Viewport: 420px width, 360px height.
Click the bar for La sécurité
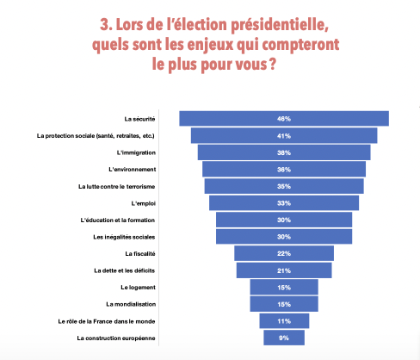point(284,119)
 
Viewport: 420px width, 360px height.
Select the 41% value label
point(284,136)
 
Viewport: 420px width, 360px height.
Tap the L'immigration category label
point(136,152)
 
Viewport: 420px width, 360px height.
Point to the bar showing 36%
point(284,170)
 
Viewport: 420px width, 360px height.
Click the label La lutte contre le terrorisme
point(116,187)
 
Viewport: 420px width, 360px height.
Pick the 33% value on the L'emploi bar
point(284,203)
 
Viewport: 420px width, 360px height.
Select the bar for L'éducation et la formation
point(284,220)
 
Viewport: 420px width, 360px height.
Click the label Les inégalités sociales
point(124,237)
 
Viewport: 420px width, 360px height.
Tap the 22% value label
point(284,254)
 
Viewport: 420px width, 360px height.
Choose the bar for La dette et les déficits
point(284,270)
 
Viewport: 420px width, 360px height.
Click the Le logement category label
point(138,288)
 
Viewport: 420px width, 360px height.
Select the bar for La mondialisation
point(284,304)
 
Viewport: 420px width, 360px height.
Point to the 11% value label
point(284,321)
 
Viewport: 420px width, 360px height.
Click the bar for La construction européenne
point(284,338)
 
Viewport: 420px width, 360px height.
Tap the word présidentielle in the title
point(280,25)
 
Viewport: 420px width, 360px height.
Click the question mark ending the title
point(273,64)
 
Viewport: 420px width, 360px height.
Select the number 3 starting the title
point(104,25)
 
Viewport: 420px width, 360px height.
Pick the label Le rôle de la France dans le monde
point(107,321)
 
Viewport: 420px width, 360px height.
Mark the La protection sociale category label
point(96,136)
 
